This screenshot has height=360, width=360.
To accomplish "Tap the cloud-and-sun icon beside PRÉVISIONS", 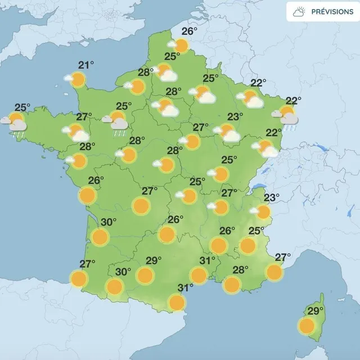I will click(x=300, y=11).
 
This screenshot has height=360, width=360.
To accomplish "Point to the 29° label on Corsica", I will click(x=316, y=310).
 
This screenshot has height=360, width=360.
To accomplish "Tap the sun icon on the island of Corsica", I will click(x=307, y=325).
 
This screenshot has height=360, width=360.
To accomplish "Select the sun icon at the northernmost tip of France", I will click(x=181, y=45).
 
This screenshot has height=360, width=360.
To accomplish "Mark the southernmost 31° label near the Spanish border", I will click(x=186, y=288).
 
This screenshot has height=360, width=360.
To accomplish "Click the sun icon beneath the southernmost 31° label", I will click(x=177, y=303).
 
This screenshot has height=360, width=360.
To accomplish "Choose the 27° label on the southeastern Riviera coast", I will click(x=283, y=258).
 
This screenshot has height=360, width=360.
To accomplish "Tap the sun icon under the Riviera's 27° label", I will click(x=274, y=272).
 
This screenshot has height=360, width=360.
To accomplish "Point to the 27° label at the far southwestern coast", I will click(x=87, y=264).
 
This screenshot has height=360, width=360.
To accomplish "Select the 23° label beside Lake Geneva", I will click(x=272, y=197).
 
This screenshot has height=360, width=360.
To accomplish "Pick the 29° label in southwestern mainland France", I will click(x=154, y=260).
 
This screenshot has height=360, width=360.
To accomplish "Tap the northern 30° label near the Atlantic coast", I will click(x=108, y=222).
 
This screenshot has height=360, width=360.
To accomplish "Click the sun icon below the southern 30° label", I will click(x=115, y=287).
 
